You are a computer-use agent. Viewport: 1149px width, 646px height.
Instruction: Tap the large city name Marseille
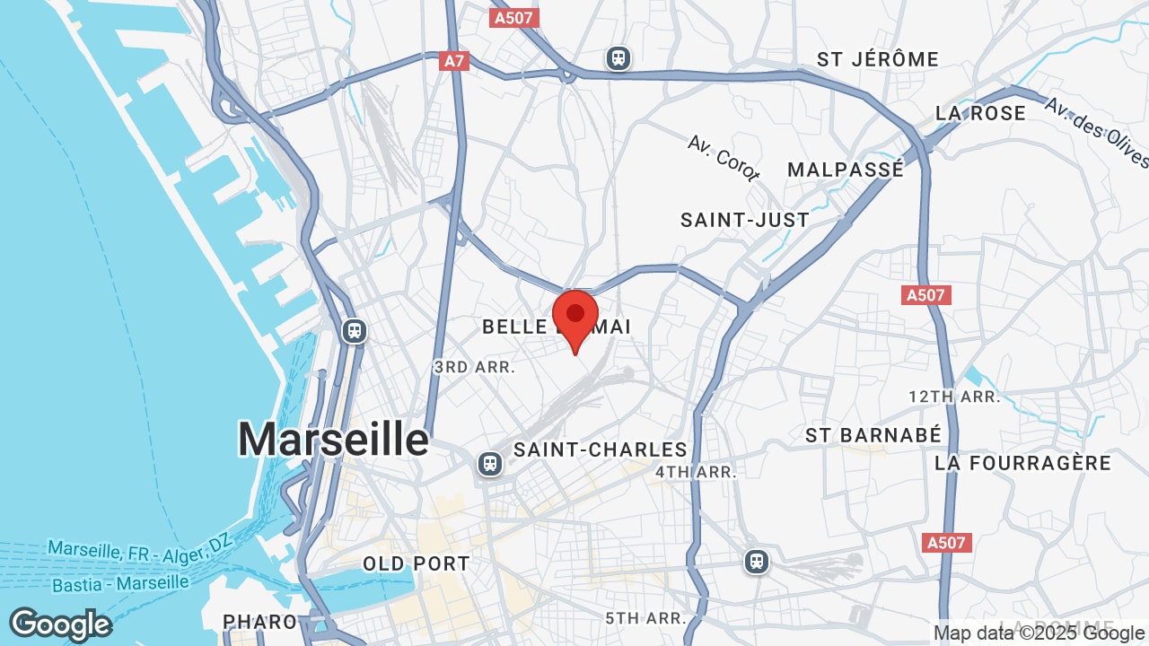click(334, 440)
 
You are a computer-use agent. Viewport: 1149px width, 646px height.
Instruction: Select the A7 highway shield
click(455, 61)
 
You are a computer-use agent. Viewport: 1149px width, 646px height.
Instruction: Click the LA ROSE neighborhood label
click(980, 113)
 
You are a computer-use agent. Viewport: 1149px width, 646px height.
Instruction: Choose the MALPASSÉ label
click(846, 170)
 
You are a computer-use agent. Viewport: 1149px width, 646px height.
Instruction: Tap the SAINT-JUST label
click(745, 220)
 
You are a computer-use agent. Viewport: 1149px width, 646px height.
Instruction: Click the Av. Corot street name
click(724, 158)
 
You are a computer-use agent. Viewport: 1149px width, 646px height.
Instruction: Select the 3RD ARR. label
click(474, 367)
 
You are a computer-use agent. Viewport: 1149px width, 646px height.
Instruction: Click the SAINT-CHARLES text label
click(601, 450)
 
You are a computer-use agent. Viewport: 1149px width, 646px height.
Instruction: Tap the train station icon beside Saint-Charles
click(489, 464)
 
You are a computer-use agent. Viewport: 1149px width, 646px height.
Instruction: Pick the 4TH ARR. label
click(696, 472)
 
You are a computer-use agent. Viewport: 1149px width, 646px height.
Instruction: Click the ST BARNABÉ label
click(873, 435)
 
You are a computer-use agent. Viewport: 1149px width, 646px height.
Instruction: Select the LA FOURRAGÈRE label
click(1022, 463)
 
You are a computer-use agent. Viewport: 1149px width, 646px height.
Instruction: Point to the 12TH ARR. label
click(953, 397)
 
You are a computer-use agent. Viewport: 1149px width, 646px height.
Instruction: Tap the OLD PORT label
click(416, 563)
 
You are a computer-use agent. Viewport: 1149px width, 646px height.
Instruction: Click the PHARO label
click(259, 621)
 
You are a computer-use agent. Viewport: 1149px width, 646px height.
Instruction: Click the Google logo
click(60, 624)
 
